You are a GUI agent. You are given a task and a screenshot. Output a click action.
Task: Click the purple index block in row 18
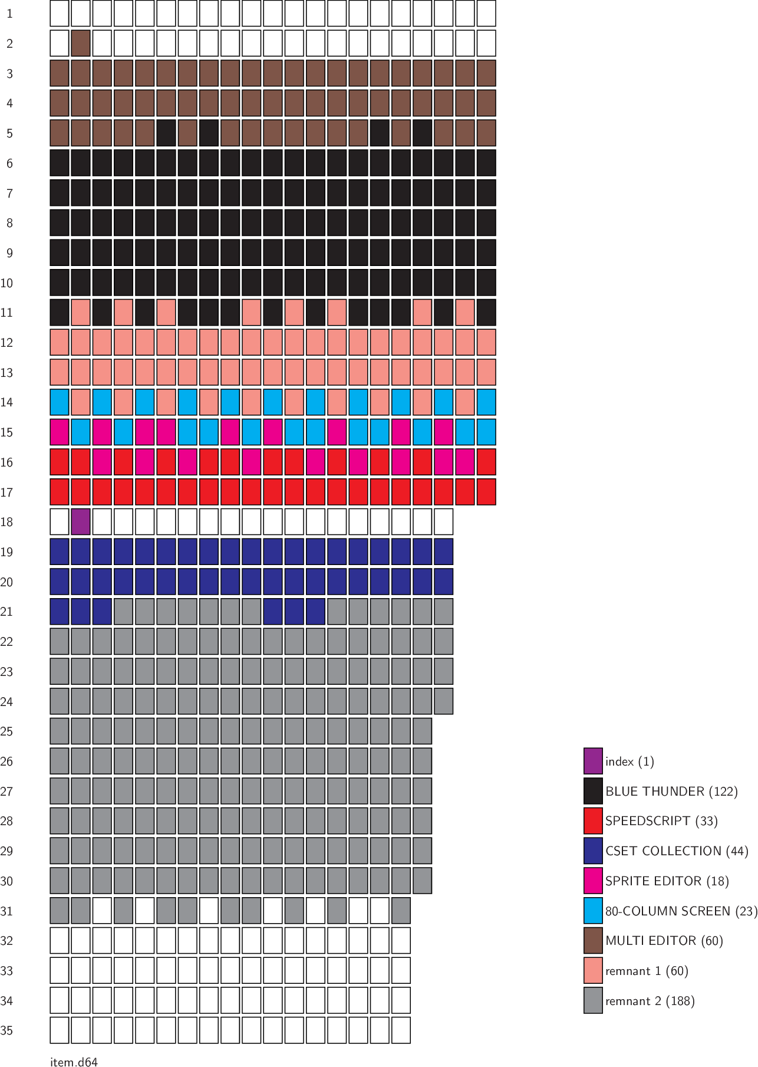[x=81, y=522]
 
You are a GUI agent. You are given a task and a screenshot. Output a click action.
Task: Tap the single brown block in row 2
[x=81, y=44]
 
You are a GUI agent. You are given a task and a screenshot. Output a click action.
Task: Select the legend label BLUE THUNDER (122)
[x=671, y=792]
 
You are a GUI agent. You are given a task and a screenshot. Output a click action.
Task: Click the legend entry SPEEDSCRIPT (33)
[x=661, y=821]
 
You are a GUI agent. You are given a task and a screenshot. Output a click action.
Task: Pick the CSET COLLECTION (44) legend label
[x=677, y=851]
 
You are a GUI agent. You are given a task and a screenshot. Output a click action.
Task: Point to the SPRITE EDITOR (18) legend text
[x=667, y=881]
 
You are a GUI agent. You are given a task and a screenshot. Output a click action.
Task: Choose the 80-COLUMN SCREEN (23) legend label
[x=681, y=911]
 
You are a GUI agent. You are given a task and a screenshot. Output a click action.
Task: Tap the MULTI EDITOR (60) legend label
[x=664, y=941]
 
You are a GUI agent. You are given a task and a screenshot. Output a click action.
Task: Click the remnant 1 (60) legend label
[x=647, y=971]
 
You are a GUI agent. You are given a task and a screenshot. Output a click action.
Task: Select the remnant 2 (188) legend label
[x=650, y=1001]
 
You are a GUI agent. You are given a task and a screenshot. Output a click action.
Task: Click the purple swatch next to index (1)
[x=593, y=761]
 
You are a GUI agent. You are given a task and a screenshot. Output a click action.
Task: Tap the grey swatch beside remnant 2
[x=593, y=1000]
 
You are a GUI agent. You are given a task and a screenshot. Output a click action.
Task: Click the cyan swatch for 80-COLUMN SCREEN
[x=593, y=911]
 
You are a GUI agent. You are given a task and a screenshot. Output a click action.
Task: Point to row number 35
[x=6, y=1030]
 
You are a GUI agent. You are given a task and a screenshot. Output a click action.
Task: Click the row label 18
[x=6, y=522]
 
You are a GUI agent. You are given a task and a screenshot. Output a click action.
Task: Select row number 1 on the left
[x=9, y=14]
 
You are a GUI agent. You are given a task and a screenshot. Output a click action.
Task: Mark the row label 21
[x=6, y=612]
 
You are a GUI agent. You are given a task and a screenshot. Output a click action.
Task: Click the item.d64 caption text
[x=74, y=1062]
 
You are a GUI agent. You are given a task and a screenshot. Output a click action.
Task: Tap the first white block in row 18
[x=60, y=522]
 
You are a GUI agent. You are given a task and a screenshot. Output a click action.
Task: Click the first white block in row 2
[x=60, y=44]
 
